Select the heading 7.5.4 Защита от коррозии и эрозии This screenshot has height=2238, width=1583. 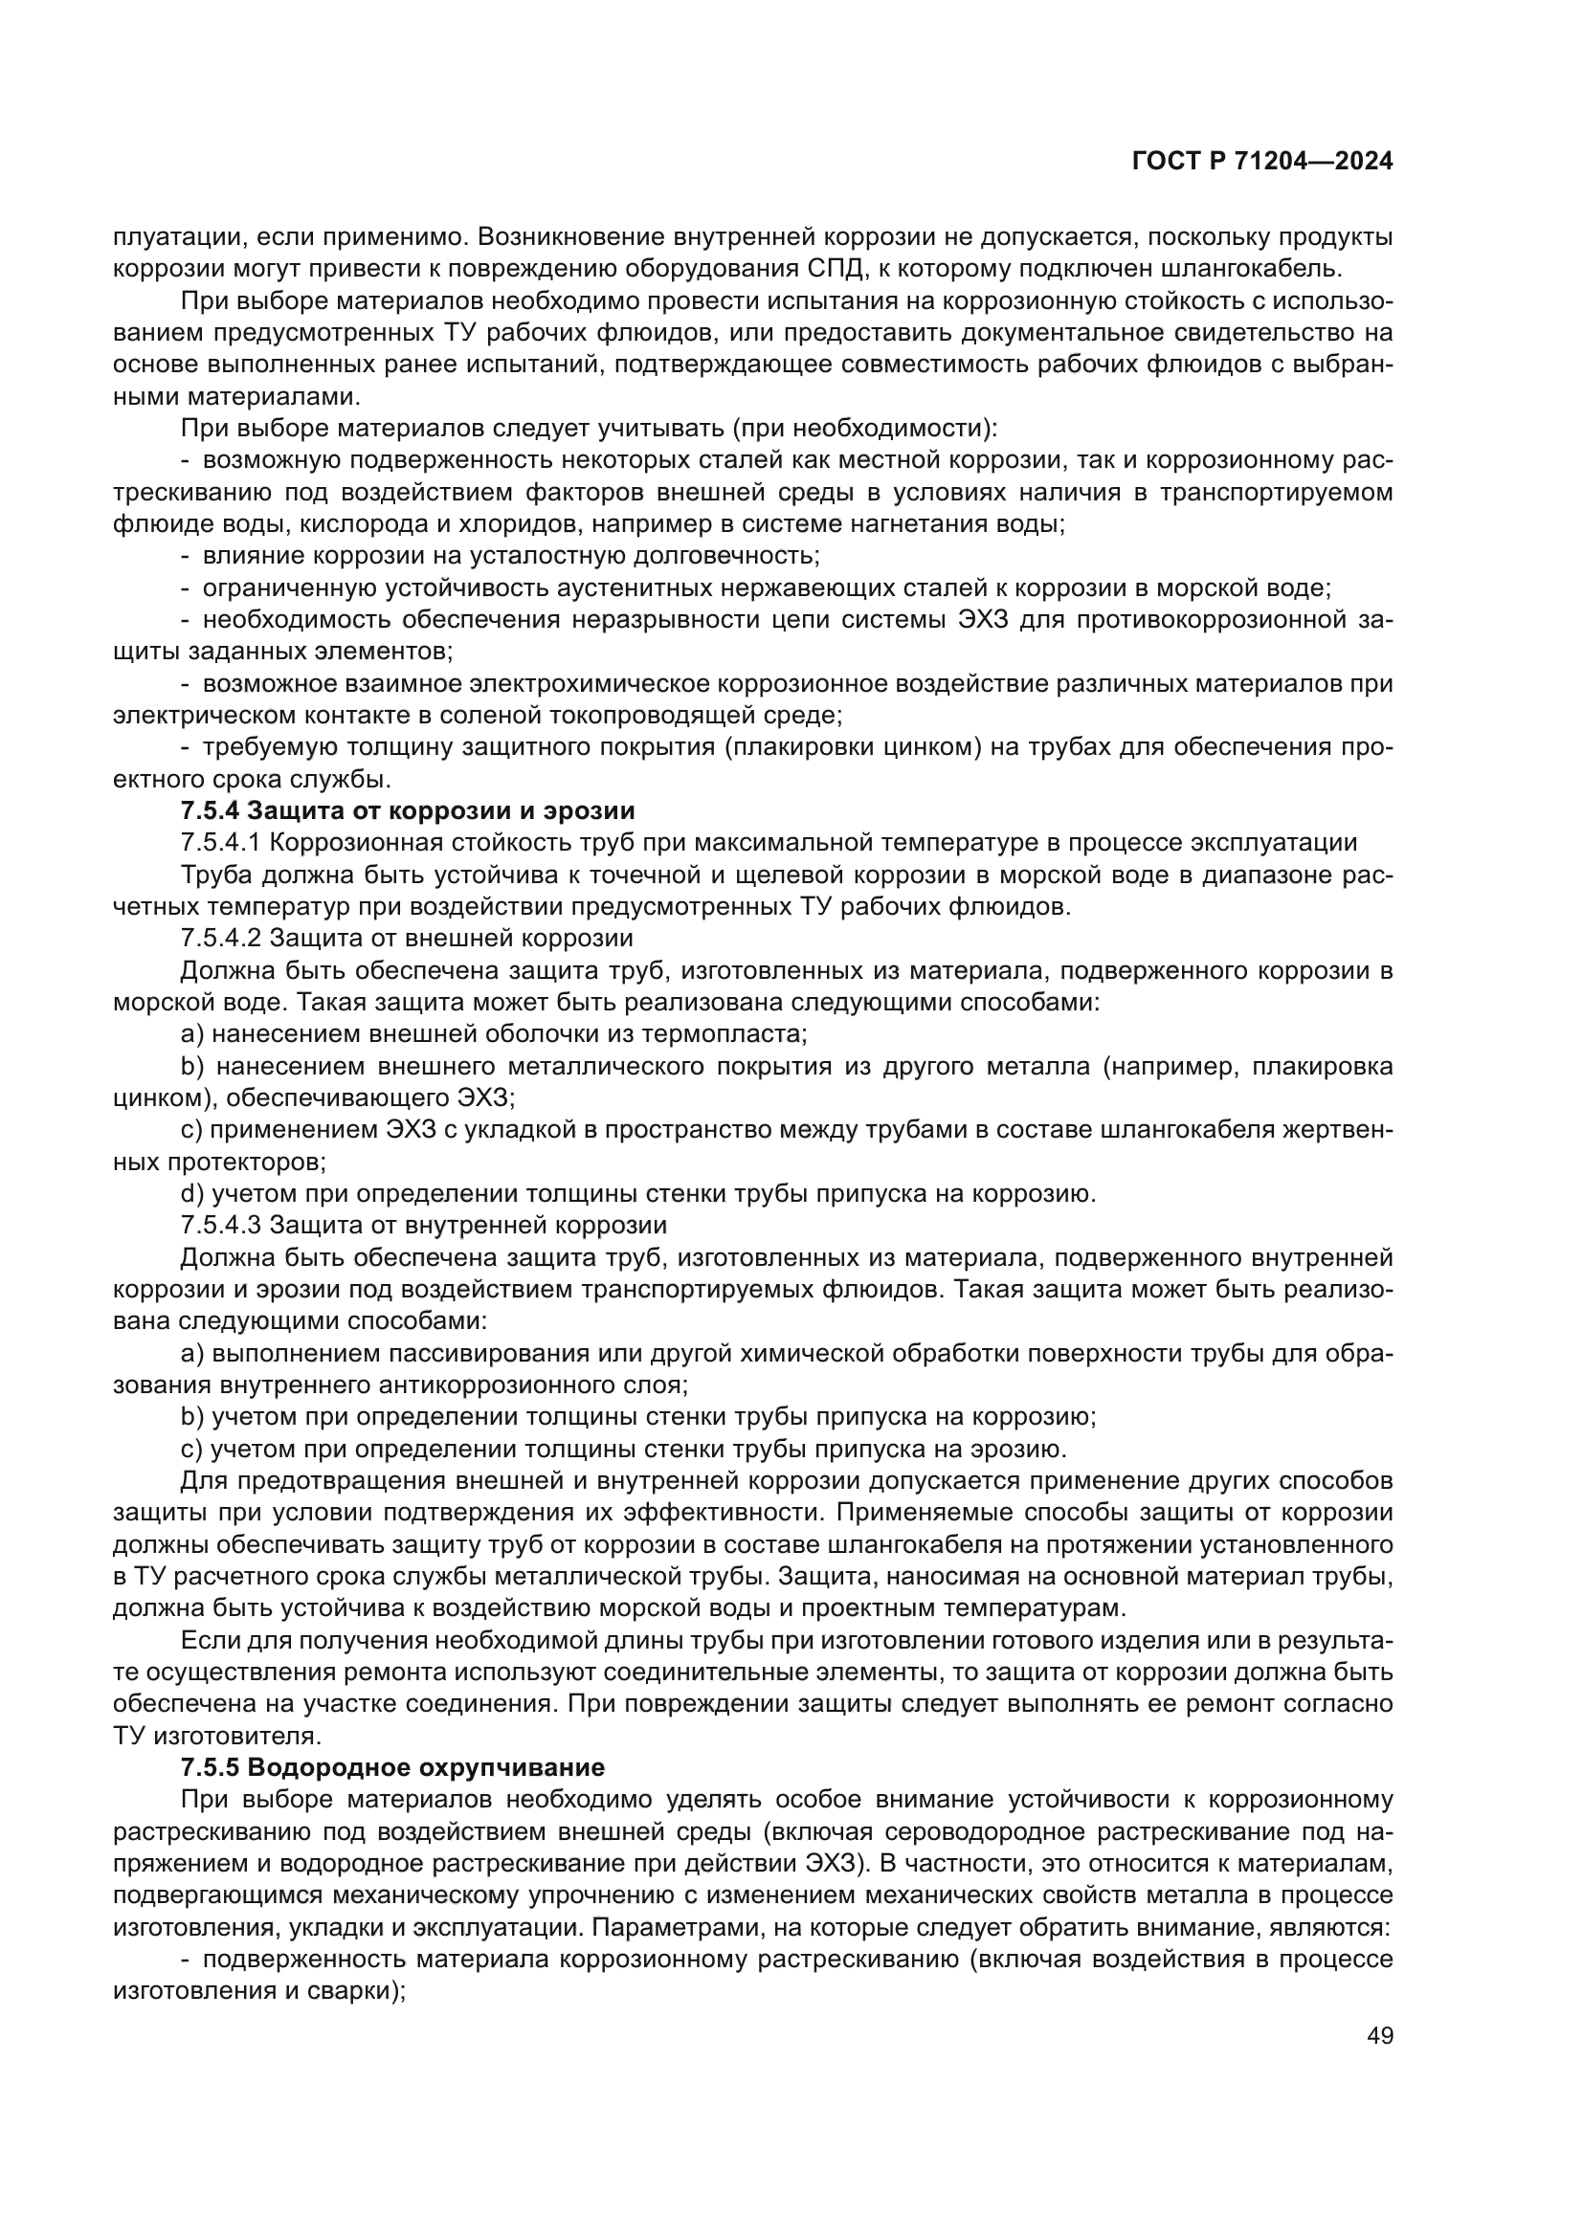tap(408, 811)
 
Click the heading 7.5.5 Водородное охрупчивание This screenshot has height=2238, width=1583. tap(392, 1767)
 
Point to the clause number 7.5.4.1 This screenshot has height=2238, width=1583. tap(221, 843)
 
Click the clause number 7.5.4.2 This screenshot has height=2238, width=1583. tap(221, 939)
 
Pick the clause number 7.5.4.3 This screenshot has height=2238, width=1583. tap(221, 1226)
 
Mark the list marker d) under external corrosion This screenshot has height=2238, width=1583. tap(192, 1194)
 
